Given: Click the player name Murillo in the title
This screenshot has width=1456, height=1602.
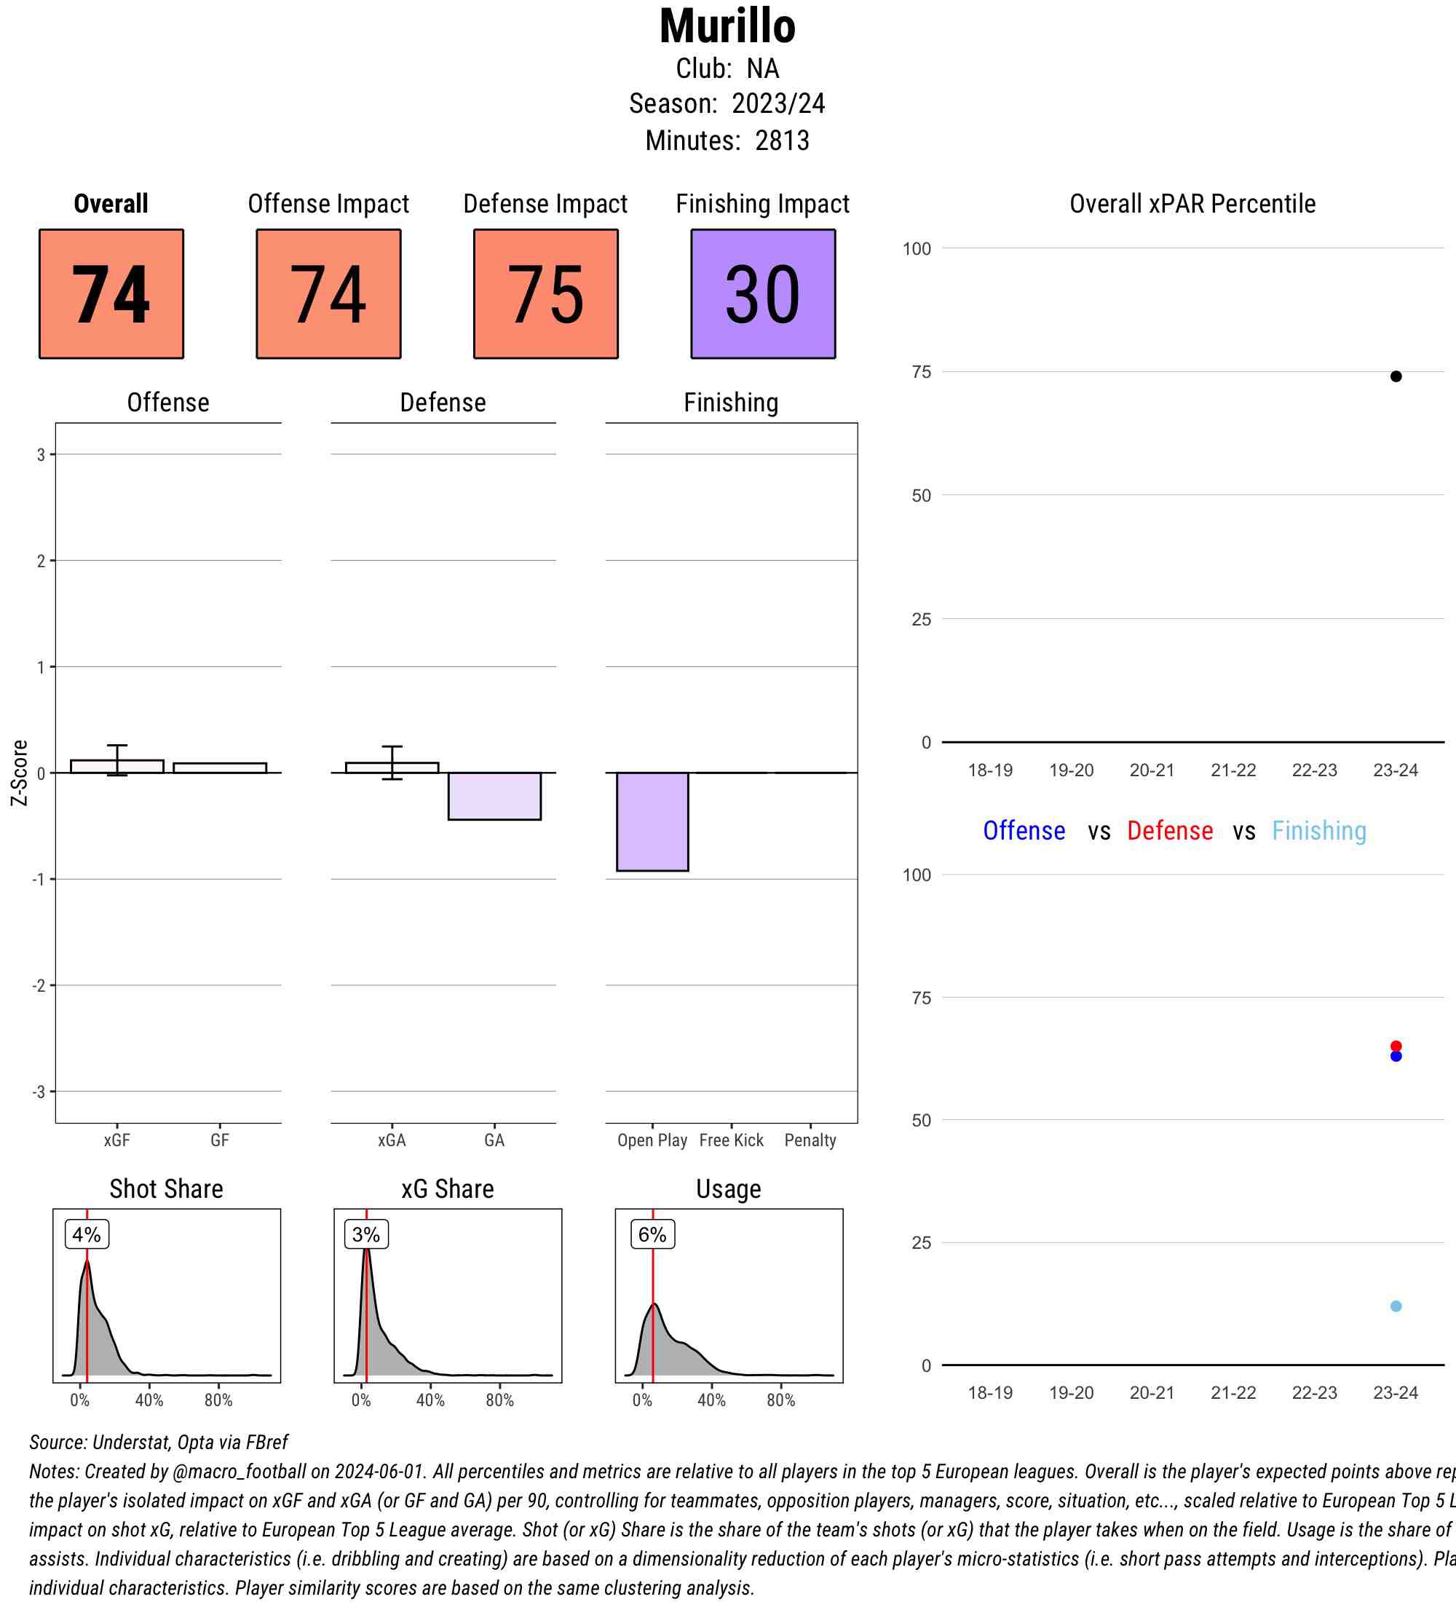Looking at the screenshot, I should [x=727, y=27].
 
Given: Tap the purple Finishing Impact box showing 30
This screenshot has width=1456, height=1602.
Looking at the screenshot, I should [x=762, y=294].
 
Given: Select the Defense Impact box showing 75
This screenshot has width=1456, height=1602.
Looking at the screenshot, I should [x=546, y=294].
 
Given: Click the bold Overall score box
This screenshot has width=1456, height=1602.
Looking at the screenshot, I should [x=111, y=294].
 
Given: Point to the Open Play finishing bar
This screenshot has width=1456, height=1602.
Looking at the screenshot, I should [x=652, y=821].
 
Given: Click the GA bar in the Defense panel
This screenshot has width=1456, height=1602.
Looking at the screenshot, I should [x=494, y=795].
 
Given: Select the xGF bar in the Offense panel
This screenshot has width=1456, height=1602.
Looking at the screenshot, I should [x=116, y=766].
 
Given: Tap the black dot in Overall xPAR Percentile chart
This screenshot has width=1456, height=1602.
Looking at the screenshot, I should [x=1396, y=376].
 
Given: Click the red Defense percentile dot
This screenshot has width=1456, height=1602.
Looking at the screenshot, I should [x=1396, y=1046].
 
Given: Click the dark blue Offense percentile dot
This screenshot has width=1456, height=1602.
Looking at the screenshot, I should [x=1396, y=1057].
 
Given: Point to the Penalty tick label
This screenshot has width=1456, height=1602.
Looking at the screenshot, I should [x=810, y=1140].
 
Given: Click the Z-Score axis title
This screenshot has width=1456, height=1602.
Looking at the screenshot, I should [x=20, y=773].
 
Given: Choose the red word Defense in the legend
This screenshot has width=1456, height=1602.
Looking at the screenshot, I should [x=1169, y=831].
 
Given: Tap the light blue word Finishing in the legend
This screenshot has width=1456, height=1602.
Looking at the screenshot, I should [x=1318, y=831].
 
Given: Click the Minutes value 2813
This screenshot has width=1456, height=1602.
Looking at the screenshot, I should [x=783, y=141].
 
